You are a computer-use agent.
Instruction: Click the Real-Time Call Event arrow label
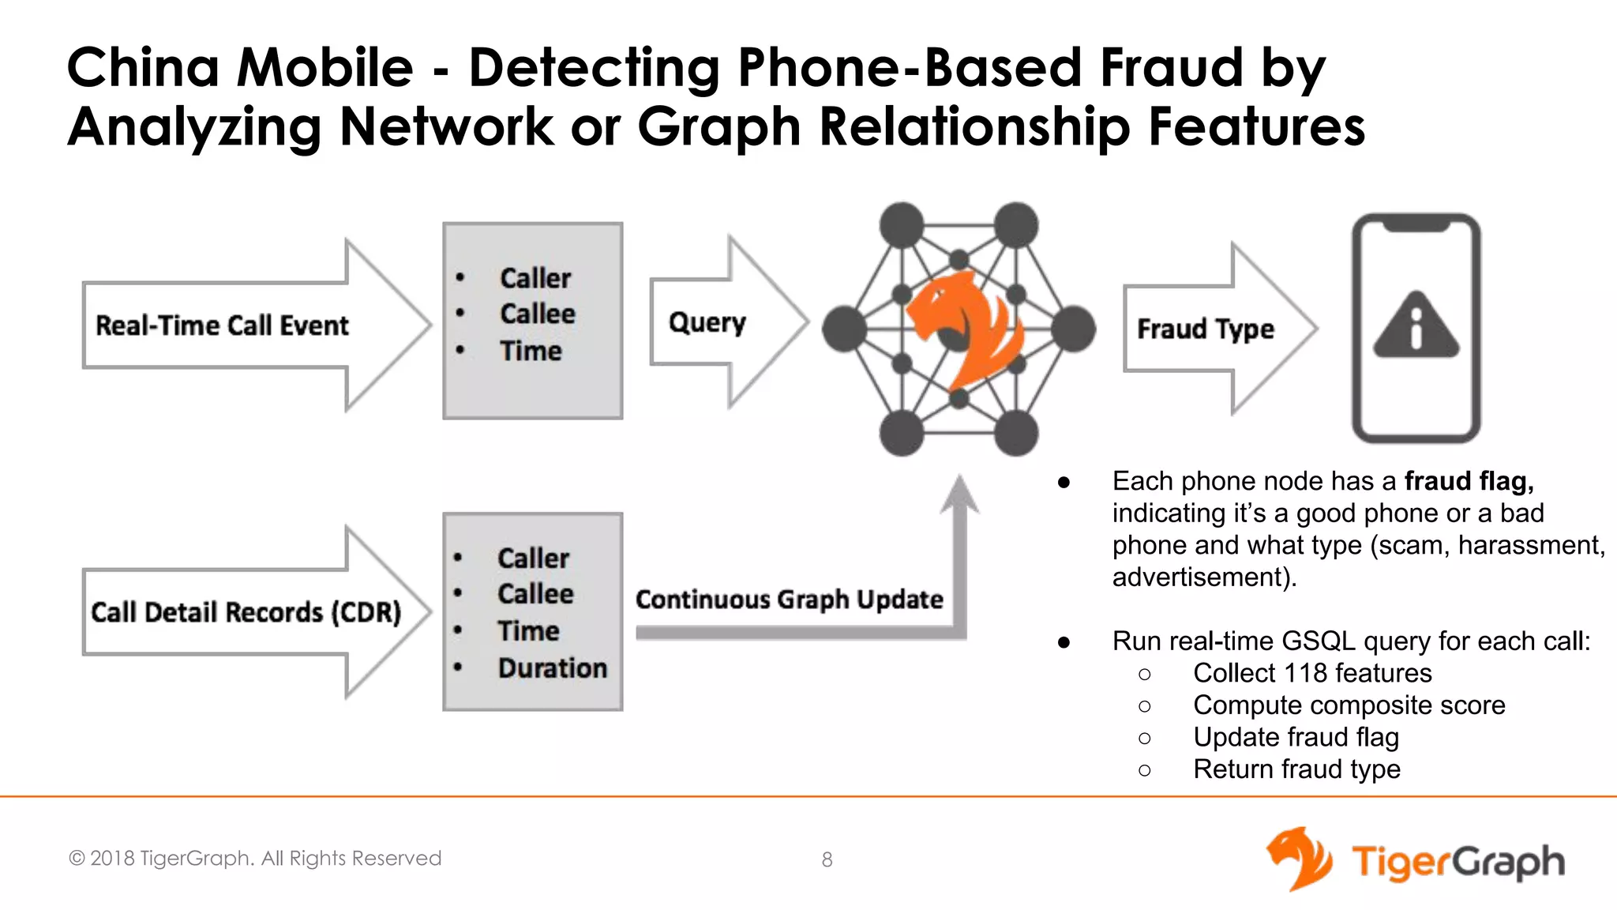(x=222, y=325)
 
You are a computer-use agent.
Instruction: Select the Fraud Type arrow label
(x=1205, y=329)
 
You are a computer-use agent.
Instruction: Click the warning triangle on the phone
(x=1416, y=325)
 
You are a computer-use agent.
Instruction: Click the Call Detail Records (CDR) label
(x=246, y=612)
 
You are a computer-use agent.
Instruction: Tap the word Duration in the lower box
(x=553, y=668)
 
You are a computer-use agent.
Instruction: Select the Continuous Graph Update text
(x=789, y=600)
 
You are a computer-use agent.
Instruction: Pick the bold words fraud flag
(x=1469, y=481)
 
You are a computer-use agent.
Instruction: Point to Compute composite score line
(x=1349, y=705)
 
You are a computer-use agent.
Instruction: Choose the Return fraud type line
(x=1296, y=769)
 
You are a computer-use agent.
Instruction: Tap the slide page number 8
(x=827, y=859)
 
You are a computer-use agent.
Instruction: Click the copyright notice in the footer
(x=255, y=858)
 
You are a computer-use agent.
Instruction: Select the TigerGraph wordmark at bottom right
(x=1457, y=861)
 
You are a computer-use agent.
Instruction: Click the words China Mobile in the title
(x=240, y=67)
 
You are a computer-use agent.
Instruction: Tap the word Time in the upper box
(x=531, y=351)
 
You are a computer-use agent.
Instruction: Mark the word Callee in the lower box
(x=535, y=594)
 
